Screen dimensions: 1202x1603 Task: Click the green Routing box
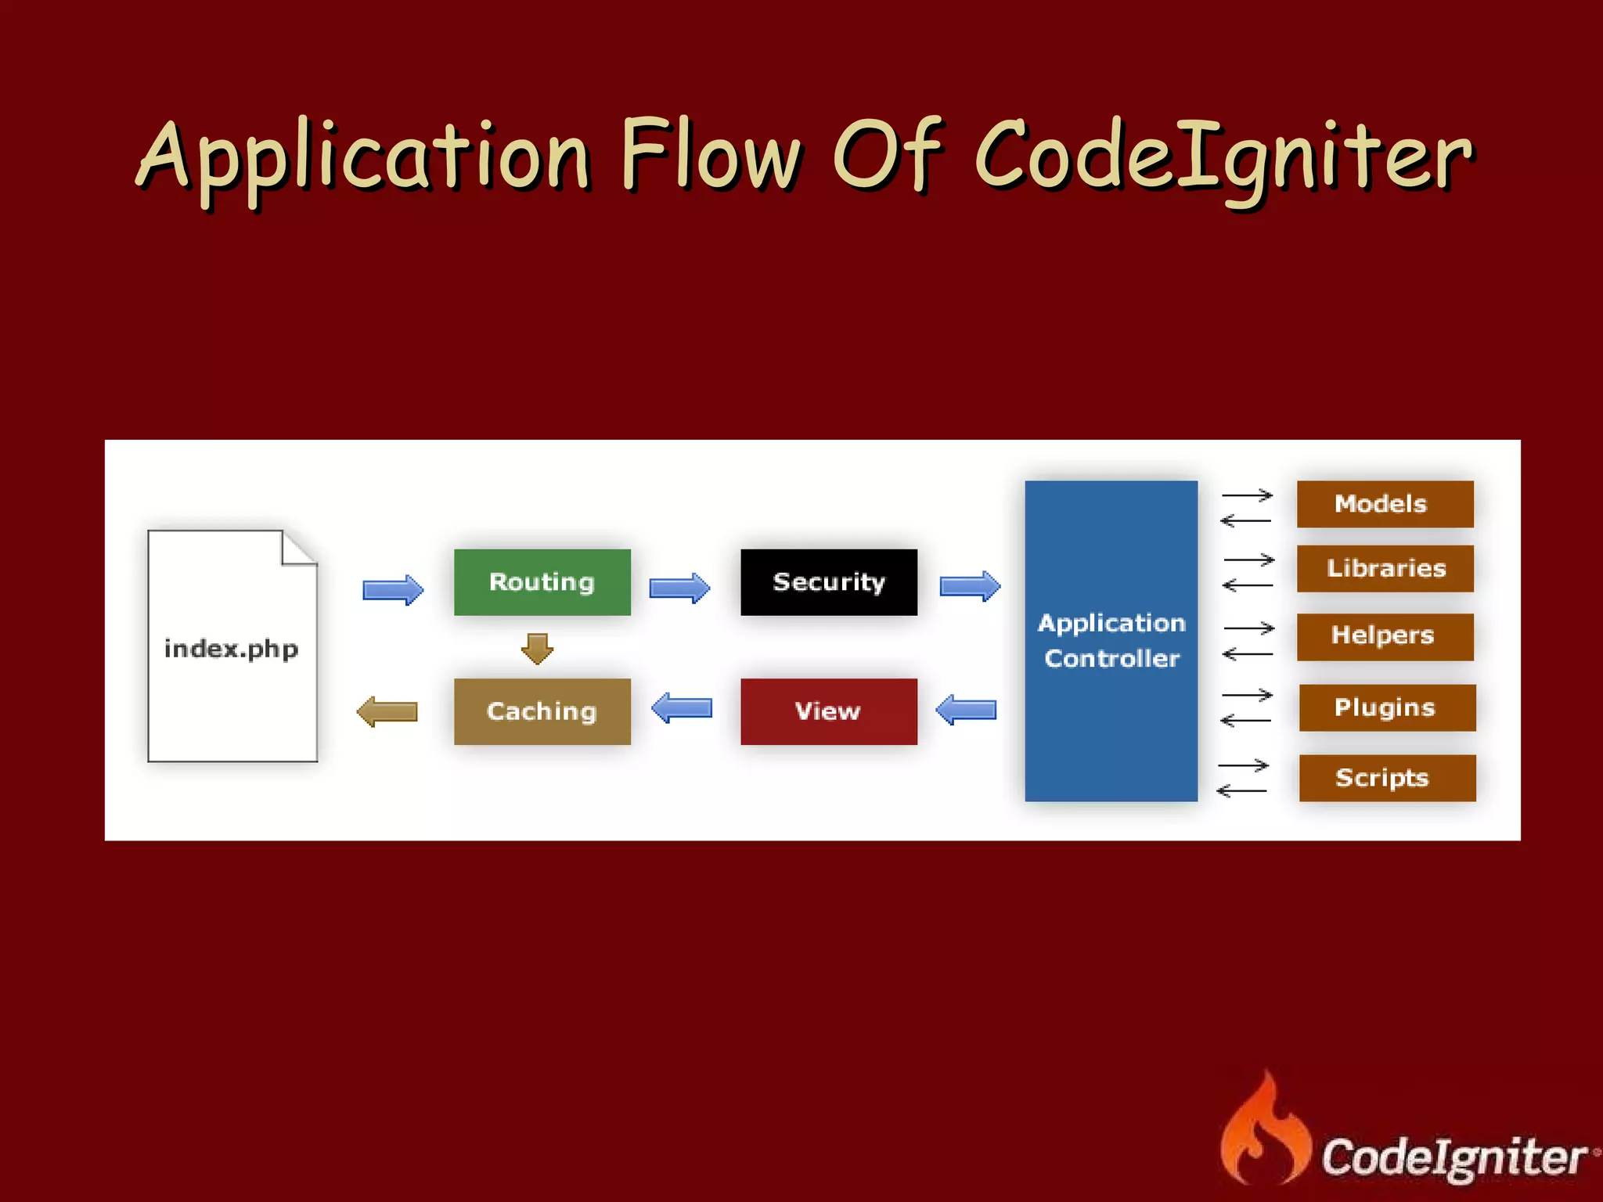[542, 582]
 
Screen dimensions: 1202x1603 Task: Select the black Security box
[828, 582]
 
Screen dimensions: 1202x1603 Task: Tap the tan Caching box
[542, 711]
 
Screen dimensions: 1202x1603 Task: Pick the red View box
[828, 711]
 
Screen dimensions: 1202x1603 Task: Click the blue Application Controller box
[1111, 641]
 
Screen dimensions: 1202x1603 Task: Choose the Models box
[1385, 504]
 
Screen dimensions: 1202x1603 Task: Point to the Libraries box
[1385, 569]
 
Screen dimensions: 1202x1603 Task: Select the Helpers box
[1385, 636]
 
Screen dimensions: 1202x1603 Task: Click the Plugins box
[1387, 707]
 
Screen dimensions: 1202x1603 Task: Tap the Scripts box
[1387, 778]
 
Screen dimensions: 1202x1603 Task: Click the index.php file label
[231, 649]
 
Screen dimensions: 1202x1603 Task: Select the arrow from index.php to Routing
[393, 589]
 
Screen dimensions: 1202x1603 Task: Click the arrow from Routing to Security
[679, 588]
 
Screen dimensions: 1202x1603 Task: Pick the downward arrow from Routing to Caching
[537, 649]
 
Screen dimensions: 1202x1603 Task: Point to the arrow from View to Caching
[682, 708]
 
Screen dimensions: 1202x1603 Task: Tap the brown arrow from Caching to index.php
[387, 711]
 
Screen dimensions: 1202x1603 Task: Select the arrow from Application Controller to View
[966, 710]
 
